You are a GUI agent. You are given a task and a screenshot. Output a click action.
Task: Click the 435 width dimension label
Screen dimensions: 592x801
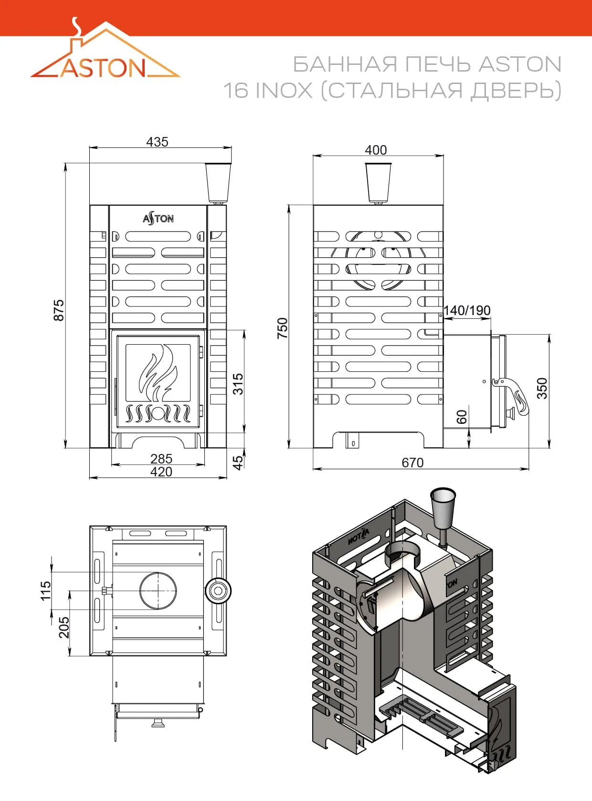pyautogui.click(x=157, y=142)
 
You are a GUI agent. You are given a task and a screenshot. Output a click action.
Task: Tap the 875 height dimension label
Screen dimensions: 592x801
pyautogui.click(x=59, y=310)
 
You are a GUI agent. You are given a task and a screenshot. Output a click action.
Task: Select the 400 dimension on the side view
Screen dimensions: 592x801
pyautogui.click(x=376, y=150)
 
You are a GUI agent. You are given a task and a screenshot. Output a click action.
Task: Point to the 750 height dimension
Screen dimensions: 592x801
pyautogui.click(x=283, y=328)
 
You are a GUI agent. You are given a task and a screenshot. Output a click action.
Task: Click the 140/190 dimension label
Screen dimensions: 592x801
pyautogui.click(x=466, y=310)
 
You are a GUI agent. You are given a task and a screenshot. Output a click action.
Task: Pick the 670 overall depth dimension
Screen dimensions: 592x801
pyautogui.click(x=412, y=463)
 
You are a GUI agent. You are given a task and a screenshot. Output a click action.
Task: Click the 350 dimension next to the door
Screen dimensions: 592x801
pyautogui.click(x=542, y=388)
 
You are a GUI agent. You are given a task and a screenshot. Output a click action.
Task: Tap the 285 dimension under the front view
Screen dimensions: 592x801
pyautogui.click(x=161, y=459)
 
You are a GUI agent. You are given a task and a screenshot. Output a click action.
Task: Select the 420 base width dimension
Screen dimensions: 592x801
pyautogui.click(x=161, y=471)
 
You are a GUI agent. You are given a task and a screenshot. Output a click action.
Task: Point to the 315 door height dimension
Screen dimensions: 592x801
pyautogui.click(x=238, y=384)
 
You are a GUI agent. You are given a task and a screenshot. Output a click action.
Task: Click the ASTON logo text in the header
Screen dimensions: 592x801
pyautogui.click(x=103, y=67)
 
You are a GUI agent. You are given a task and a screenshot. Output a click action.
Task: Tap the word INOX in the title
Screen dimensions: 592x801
pyautogui.click(x=284, y=90)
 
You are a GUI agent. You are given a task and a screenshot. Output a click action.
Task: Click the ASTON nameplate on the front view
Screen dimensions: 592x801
pyautogui.click(x=158, y=219)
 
